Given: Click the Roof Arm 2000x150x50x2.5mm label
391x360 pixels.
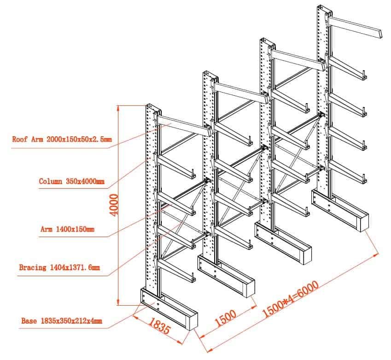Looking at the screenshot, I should (x=62, y=139).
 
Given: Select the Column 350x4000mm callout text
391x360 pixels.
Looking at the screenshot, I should (x=71, y=181).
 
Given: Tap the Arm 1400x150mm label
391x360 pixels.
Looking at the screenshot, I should (x=67, y=229).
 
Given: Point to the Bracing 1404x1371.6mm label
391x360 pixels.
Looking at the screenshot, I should (x=59, y=267).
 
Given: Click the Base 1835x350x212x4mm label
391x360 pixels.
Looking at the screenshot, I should (x=62, y=321).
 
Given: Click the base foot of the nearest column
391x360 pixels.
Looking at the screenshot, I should (x=170, y=311).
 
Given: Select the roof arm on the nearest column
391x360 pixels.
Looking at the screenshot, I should (x=184, y=125).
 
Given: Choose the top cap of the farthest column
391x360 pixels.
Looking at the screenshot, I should (x=324, y=9).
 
